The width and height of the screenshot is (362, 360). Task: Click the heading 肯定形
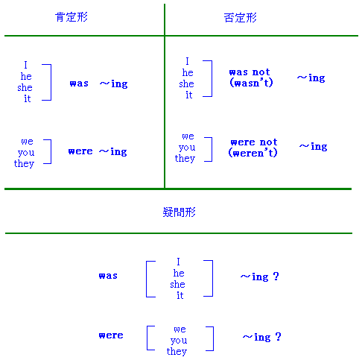pyautogui.click(x=72, y=17)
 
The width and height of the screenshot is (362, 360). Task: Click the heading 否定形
pyautogui.click(x=240, y=18)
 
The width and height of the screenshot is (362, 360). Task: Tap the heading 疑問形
pyautogui.click(x=179, y=212)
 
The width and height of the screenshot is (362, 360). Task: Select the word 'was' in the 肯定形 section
pyautogui.click(x=79, y=83)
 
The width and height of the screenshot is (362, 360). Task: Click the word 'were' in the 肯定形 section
pyautogui.click(x=80, y=151)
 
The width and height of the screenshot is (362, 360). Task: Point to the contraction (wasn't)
pyautogui.click(x=251, y=83)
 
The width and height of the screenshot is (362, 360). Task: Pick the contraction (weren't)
pyautogui.click(x=253, y=153)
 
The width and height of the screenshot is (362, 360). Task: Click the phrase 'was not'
pyautogui.click(x=250, y=72)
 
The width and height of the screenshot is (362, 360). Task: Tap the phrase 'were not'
pyautogui.click(x=254, y=142)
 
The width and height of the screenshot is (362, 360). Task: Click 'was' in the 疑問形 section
pyautogui.click(x=108, y=276)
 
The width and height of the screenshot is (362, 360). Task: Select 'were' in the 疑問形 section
pyautogui.click(x=111, y=335)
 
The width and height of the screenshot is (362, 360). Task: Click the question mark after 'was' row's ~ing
pyautogui.click(x=276, y=277)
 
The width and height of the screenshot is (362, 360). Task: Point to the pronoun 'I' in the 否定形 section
pyautogui.click(x=187, y=61)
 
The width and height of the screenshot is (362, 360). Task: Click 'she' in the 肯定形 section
pyautogui.click(x=25, y=87)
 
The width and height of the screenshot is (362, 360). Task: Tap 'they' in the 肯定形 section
pyautogui.click(x=24, y=163)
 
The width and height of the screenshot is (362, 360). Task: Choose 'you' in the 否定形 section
pyautogui.click(x=187, y=148)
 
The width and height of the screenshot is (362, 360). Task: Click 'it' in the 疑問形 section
pyautogui.click(x=180, y=295)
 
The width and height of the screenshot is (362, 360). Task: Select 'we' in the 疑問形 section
pyautogui.click(x=180, y=329)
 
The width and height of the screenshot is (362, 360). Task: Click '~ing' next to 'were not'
pyautogui.click(x=313, y=147)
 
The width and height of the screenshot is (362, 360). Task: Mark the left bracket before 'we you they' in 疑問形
pyautogui.click(x=147, y=338)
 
